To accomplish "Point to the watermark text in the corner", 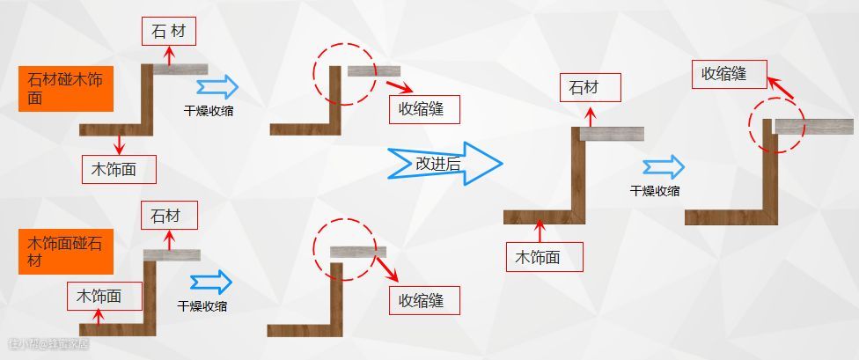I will coord(48,344).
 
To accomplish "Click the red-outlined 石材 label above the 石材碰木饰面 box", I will coord(168,32).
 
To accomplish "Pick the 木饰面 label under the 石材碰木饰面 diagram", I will coord(119,168).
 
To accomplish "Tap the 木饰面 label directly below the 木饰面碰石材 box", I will coord(105,296).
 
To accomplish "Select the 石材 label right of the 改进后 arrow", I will coord(590,87).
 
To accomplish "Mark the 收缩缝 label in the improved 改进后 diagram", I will coord(730,74).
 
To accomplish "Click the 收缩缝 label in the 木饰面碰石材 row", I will coord(427,300).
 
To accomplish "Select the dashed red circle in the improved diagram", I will coord(775,125).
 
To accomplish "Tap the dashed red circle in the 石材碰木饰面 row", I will coord(344,74).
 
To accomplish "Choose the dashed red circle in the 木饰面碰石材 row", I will coord(344,249).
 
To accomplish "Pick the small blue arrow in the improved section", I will coord(663,167).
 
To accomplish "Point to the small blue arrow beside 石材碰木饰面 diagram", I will coord(217,87).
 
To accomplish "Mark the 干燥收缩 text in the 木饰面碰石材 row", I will coord(202,306).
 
